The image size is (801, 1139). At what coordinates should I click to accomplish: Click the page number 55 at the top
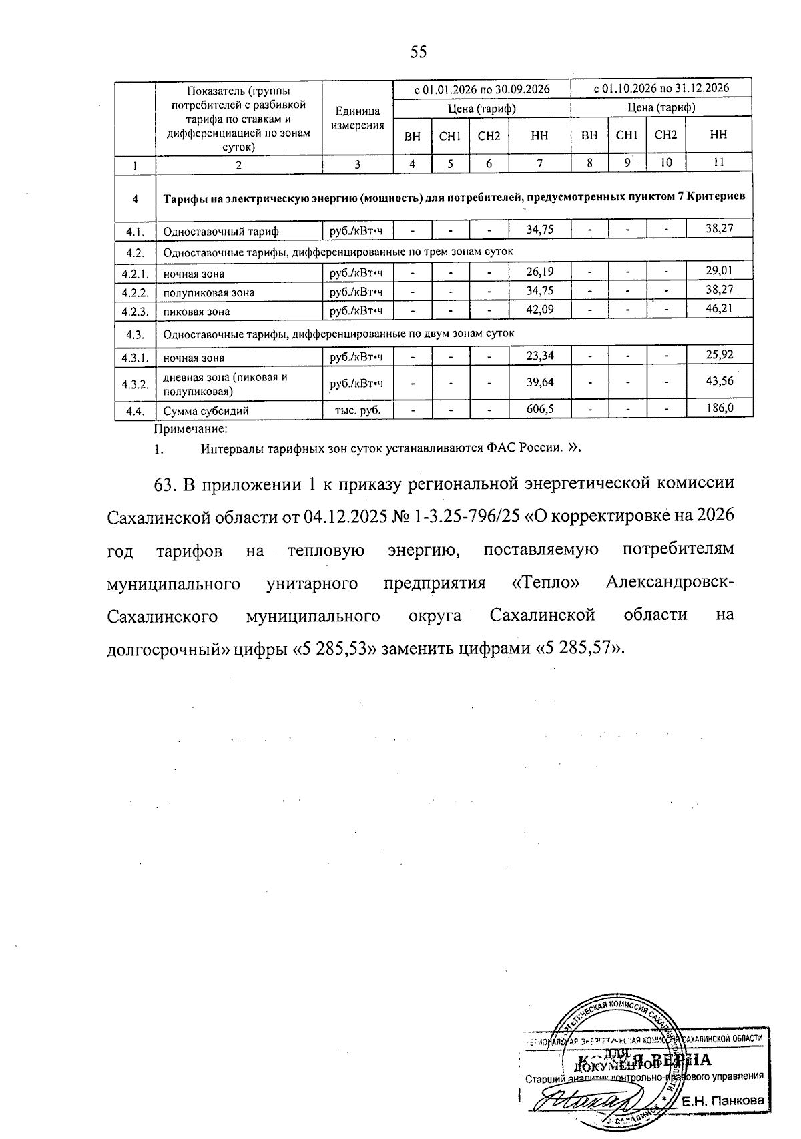tap(419, 53)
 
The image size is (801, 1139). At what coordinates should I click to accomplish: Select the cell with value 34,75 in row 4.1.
tap(539, 230)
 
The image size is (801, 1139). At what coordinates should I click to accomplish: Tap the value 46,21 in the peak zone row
tap(719, 310)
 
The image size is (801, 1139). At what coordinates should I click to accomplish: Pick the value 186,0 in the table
tap(720, 408)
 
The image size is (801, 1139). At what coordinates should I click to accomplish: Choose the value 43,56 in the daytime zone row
tap(719, 382)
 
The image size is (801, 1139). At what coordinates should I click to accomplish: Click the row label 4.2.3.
tap(135, 311)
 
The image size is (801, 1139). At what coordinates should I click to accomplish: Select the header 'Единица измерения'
tap(358, 118)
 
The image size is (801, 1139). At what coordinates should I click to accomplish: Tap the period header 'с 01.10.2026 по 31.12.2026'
tap(661, 88)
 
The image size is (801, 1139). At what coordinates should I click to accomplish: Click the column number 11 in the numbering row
tap(718, 163)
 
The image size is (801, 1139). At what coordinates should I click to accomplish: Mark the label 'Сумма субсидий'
tap(206, 410)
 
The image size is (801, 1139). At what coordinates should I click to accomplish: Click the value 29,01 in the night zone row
tap(719, 271)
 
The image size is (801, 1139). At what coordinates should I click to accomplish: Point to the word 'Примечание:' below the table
tap(191, 429)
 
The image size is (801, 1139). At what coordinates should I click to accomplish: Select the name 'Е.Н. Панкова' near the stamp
tap(722, 1102)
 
